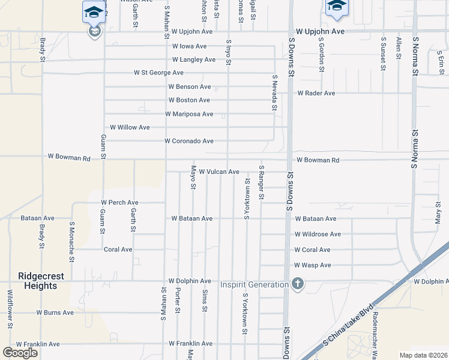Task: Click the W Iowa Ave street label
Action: [x=189, y=46]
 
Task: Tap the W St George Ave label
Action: [x=158, y=73]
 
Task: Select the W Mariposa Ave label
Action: [x=189, y=114]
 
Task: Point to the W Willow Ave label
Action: [x=130, y=127]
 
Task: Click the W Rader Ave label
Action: [x=316, y=94]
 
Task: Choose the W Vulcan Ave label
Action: [x=219, y=172]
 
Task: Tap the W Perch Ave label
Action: [x=120, y=203]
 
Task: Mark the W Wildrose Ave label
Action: [x=318, y=234]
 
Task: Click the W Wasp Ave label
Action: [x=312, y=265]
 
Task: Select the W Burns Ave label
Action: [x=55, y=313]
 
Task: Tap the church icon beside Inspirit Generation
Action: [x=297, y=284]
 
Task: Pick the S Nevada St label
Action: [x=274, y=93]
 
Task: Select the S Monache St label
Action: [x=72, y=242]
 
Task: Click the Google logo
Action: [x=20, y=353]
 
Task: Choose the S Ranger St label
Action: [x=261, y=182]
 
